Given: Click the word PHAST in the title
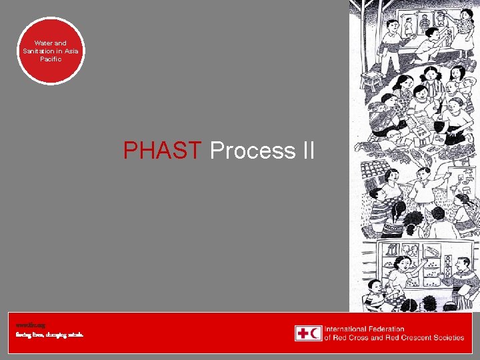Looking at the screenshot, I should click(x=163, y=151).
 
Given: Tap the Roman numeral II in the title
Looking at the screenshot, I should click(x=307, y=151).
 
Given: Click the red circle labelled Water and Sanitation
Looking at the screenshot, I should click(x=51, y=51).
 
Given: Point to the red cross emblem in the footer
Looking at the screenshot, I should click(x=302, y=333).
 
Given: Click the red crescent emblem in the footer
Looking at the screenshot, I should click(x=315, y=333).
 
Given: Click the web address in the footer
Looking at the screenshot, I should click(x=26, y=325).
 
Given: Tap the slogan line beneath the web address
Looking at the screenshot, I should click(x=50, y=335).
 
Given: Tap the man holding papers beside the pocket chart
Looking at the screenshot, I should click(x=463, y=273).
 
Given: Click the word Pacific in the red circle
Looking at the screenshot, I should click(x=51, y=59).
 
